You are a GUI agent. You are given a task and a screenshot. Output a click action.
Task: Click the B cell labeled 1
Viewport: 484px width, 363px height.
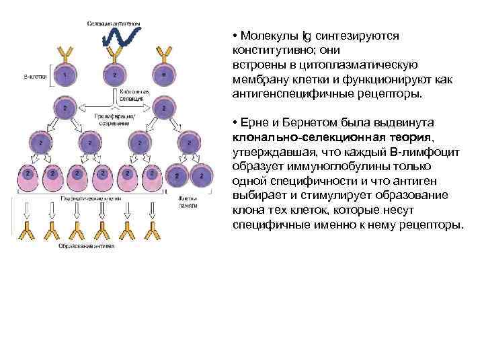coord(65,75)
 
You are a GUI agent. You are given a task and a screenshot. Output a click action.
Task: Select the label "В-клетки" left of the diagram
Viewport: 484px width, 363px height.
coord(34,77)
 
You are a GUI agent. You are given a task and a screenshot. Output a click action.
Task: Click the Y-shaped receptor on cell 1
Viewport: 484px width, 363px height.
coord(65,53)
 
